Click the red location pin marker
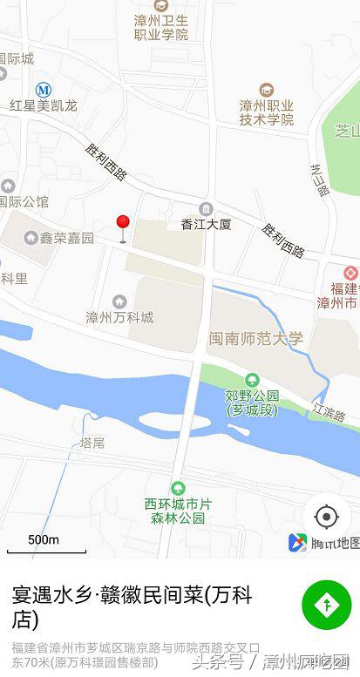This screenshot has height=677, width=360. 123,225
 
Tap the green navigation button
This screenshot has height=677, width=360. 326,604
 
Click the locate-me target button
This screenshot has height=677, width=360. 326,517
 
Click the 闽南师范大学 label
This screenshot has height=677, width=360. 256,338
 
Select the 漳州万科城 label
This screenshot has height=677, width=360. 119,317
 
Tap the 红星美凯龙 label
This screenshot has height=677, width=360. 44,105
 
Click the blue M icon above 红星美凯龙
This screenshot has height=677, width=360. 44,89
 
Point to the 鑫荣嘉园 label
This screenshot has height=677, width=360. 66,238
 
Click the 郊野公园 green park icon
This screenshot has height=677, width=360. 252,379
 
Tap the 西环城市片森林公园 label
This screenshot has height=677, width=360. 178,511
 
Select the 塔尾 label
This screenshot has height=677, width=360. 92,443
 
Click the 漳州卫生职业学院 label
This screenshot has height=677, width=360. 161,27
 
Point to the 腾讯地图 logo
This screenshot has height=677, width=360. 324,543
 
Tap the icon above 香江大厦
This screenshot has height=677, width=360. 206,208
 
